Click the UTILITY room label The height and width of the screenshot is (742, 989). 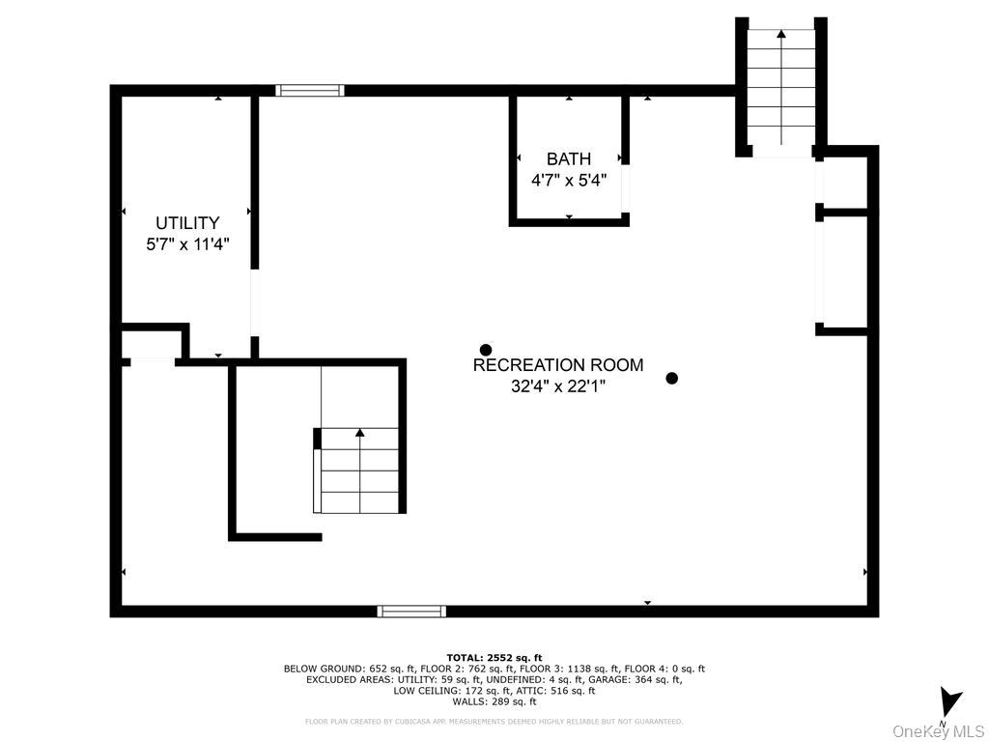click(187, 223)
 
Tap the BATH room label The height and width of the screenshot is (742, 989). click(569, 159)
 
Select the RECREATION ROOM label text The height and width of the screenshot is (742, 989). click(558, 365)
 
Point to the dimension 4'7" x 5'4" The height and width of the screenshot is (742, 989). click(569, 180)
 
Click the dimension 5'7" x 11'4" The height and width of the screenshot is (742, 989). click(187, 244)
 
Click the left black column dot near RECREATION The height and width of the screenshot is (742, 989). click(486, 350)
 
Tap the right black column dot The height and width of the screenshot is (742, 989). click(672, 379)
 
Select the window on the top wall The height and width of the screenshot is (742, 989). click(310, 91)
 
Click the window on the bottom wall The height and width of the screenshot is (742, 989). click(411, 611)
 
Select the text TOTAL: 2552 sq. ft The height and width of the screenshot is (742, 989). click(494, 657)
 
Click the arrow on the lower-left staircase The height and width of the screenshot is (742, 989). click(360, 434)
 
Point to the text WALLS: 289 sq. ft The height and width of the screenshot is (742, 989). click(494, 702)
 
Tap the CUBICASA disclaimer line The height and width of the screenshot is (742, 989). click(494, 722)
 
